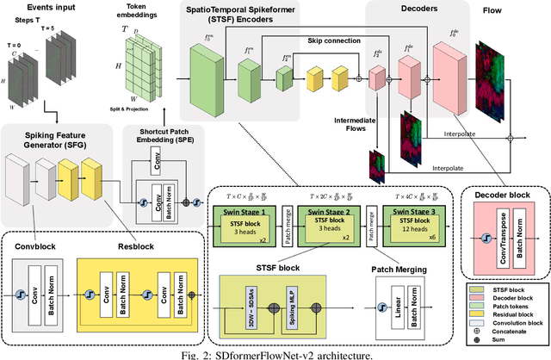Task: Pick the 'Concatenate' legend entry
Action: pos(509,328)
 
